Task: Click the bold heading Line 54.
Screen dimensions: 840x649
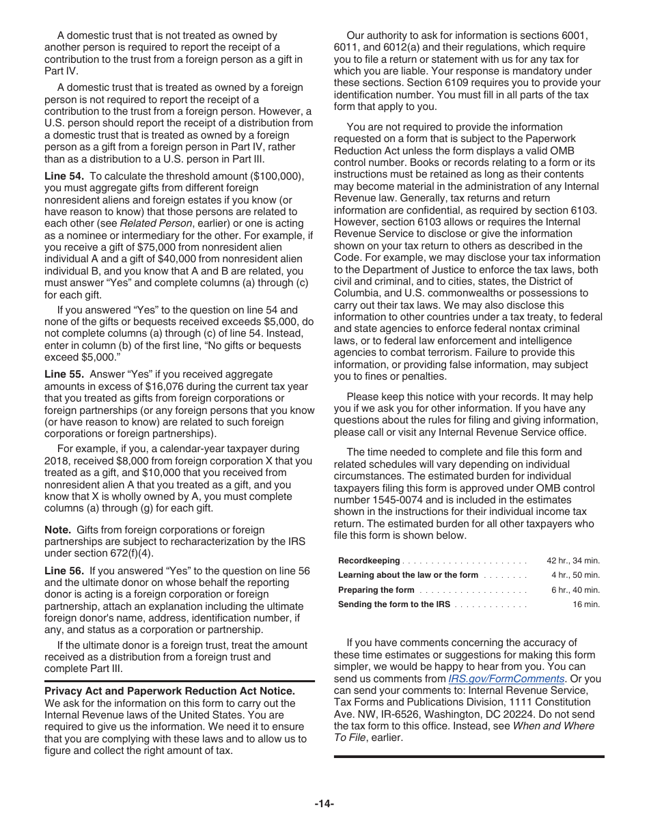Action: (64, 176)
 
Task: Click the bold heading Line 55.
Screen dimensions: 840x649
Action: (64, 374)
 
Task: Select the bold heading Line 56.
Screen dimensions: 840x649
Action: (64, 571)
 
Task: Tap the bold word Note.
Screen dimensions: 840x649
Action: (57, 530)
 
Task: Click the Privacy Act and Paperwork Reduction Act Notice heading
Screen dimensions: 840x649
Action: (169, 691)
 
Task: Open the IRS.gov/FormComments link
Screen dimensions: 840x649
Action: (506, 679)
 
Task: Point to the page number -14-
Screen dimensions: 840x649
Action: (324, 804)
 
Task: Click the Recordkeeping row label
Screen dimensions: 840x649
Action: (369, 561)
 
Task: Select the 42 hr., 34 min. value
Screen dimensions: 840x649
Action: (572, 561)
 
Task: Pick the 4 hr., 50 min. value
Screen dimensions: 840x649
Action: (575, 575)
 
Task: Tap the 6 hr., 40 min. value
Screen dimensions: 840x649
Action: (575, 590)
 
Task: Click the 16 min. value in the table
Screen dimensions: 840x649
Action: (586, 604)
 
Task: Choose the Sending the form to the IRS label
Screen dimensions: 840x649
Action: (393, 604)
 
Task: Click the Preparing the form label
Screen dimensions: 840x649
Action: (376, 590)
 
